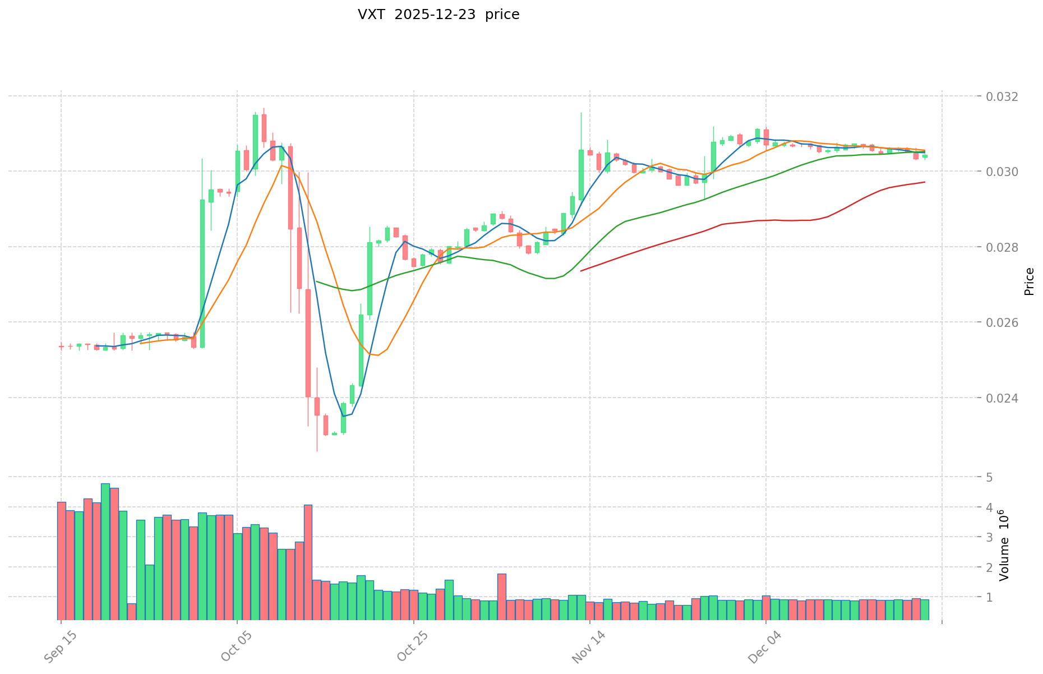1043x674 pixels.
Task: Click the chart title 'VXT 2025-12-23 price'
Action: tap(439, 15)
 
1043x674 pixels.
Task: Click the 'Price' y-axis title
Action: tap(1029, 281)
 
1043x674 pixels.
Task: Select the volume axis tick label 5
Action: tap(989, 478)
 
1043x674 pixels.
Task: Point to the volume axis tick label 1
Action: tap(989, 597)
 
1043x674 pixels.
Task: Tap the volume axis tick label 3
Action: tap(989, 537)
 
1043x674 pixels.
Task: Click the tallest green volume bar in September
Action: tap(105, 551)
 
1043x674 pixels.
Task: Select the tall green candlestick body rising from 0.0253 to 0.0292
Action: tap(202, 273)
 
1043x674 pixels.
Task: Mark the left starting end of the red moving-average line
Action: tap(581, 271)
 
